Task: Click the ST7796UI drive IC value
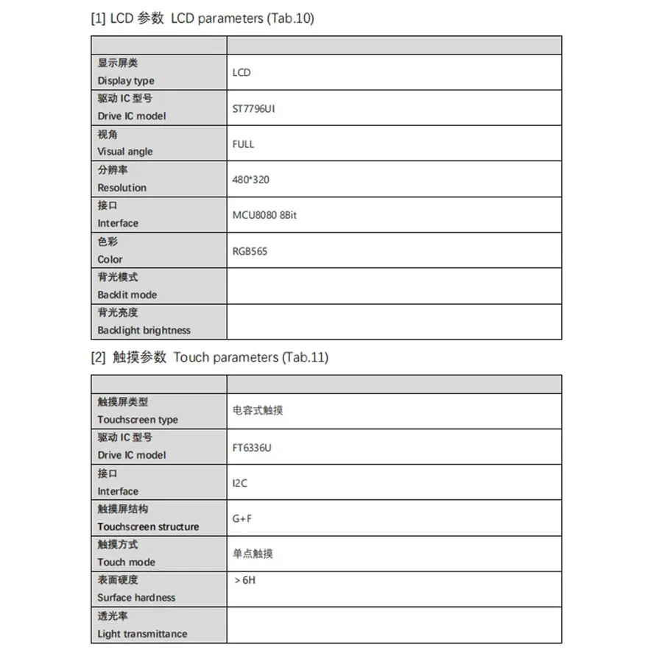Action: (253, 108)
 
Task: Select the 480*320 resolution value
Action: (250, 180)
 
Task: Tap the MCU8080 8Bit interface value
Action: (264, 215)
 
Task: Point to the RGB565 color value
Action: (250, 251)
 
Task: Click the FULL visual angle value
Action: (243, 144)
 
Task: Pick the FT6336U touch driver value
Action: (252, 448)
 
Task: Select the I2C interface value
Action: (240, 483)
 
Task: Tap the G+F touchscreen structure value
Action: (242, 518)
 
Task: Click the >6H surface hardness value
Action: (244, 580)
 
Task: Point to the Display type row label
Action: (126, 81)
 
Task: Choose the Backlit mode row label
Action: (127, 295)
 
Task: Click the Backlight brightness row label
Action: (144, 331)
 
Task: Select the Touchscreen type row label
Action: (138, 420)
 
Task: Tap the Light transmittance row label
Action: (142, 634)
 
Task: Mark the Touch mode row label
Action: (126, 562)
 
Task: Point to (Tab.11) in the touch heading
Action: (304, 358)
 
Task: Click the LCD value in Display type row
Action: (242, 72)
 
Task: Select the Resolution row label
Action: (121, 188)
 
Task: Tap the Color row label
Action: (110, 259)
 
